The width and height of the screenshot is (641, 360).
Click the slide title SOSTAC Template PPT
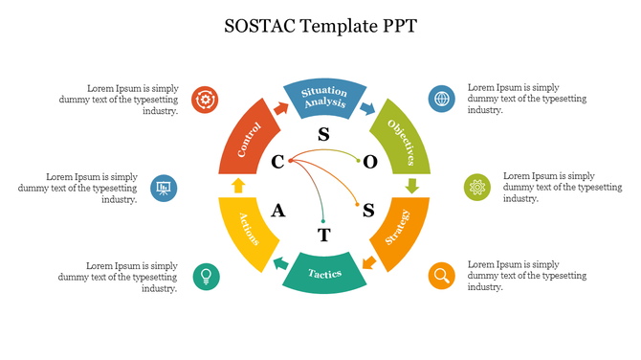click(x=320, y=25)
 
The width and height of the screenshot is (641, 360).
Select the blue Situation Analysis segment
click(x=323, y=97)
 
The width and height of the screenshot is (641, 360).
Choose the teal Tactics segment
click(x=324, y=273)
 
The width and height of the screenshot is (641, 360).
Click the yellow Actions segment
click(x=244, y=230)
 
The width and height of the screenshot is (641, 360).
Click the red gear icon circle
click(x=206, y=99)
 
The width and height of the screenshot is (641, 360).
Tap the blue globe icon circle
click(x=441, y=98)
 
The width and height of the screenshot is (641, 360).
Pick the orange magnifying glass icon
click(x=441, y=276)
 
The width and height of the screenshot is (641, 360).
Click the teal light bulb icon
click(x=205, y=276)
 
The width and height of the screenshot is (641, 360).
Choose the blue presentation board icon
click(x=164, y=187)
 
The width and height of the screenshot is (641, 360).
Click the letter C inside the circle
click(x=277, y=162)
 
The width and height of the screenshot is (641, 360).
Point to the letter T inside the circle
click(x=323, y=235)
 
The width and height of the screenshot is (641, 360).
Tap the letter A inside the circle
click(x=278, y=211)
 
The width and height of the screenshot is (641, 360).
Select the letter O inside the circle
click(x=370, y=162)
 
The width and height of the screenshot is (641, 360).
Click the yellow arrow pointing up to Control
click(x=238, y=185)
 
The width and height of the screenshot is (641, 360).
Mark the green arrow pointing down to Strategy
click(x=411, y=185)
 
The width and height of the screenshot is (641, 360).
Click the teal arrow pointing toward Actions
click(x=279, y=262)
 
